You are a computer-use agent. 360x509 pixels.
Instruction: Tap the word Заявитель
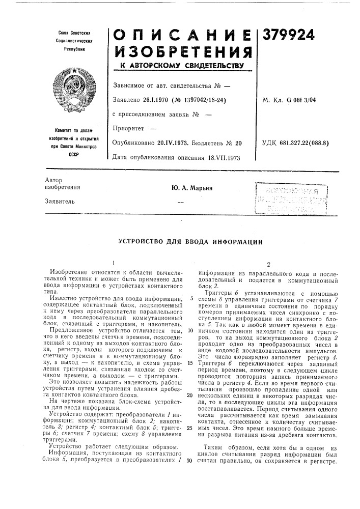click(x=60, y=202)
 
